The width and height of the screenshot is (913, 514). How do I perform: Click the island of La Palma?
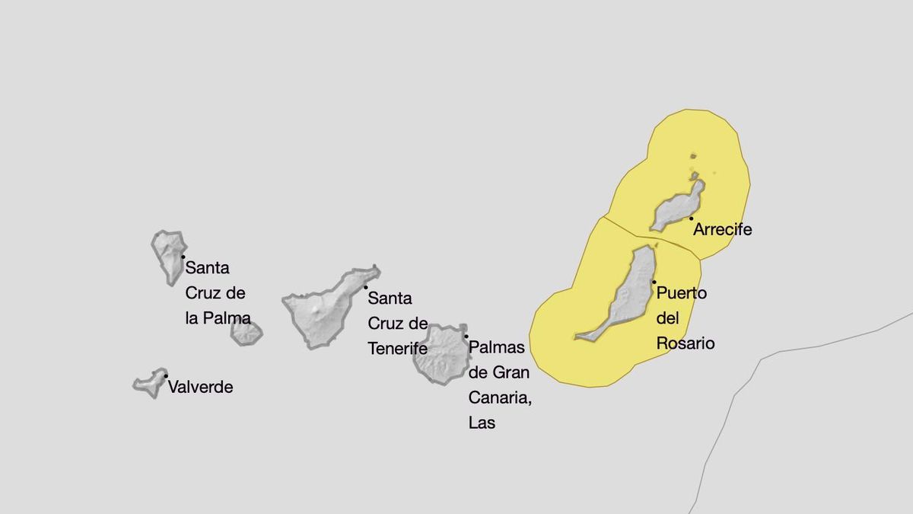point(167,255)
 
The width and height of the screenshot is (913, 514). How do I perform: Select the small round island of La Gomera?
point(247,333)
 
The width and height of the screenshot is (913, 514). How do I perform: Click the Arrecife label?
point(722,229)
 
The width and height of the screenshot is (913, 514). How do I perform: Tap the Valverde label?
point(200,387)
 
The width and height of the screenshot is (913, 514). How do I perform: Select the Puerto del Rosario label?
point(684,318)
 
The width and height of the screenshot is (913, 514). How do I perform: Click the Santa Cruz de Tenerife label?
point(398,323)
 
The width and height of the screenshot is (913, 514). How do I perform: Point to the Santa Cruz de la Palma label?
point(217,293)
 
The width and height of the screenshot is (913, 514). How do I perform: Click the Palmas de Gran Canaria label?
point(498,385)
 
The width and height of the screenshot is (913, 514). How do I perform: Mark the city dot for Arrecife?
point(691,219)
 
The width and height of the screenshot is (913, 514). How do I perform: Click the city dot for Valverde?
point(165,376)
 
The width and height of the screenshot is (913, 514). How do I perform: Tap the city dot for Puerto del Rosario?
point(654,283)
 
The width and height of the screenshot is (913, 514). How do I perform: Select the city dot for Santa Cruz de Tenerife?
point(366,287)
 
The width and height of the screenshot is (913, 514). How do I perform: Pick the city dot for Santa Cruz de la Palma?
point(183,257)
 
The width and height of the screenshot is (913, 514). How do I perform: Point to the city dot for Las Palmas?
point(466,337)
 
